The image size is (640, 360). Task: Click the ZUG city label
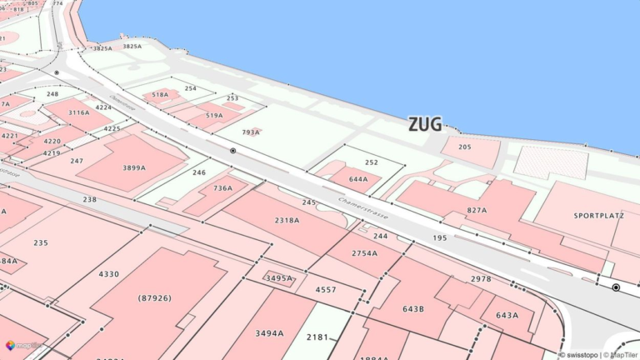(x=425, y=124)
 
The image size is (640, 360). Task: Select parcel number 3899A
(x=134, y=167)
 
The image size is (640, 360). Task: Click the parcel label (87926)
(x=154, y=297)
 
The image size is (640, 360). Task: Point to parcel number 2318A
(x=287, y=220)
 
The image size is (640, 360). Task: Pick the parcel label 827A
(x=477, y=210)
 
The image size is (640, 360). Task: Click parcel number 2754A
(x=364, y=252)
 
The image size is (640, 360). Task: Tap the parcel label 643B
(x=413, y=309)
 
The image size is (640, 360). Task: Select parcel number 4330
(x=108, y=274)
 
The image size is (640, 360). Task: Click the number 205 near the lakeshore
(x=464, y=147)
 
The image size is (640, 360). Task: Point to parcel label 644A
(x=358, y=179)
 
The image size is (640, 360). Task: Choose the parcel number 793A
(x=251, y=132)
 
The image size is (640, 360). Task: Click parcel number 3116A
(x=79, y=112)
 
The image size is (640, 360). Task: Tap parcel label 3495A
(x=279, y=277)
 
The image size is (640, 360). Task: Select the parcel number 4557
(x=326, y=290)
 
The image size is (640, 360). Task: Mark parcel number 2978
(x=481, y=279)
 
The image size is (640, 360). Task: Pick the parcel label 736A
(x=222, y=188)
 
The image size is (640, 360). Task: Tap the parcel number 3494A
(x=269, y=333)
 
